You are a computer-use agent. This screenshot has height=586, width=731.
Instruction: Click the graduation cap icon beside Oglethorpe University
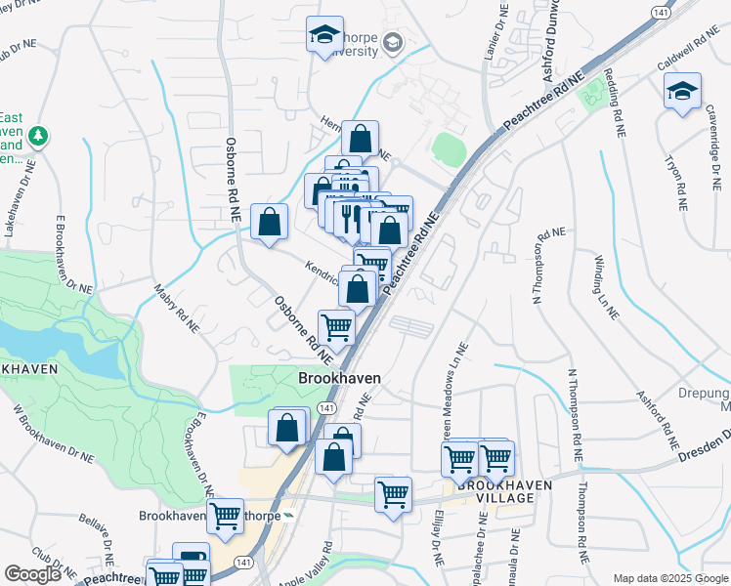pos(324,36)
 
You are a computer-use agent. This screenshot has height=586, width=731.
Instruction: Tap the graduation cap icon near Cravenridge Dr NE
pos(681,93)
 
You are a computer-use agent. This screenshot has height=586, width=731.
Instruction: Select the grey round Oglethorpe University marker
pos(393,42)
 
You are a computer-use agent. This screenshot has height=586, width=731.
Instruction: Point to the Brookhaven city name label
pos(338,378)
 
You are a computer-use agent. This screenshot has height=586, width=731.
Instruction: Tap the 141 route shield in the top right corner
pos(662,9)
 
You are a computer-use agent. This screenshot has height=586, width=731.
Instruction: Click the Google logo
pos(32,574)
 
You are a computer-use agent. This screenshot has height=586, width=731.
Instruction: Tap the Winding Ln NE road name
pos(605,288)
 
